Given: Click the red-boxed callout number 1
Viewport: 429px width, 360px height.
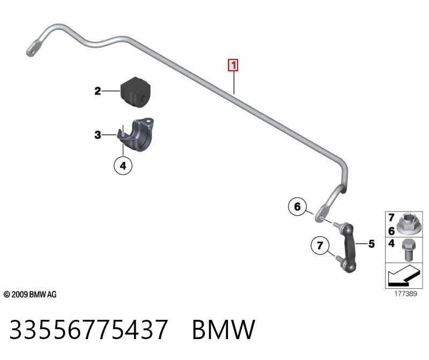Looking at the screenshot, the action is coord(233,65).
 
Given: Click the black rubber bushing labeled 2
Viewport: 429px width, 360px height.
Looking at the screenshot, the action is coord(135,92).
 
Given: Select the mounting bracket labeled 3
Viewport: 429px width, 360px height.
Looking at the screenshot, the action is coord(137,134).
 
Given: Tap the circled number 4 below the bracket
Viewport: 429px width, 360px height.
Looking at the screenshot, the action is coord(123,166).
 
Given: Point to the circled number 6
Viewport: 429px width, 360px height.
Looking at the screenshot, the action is coord(298,207).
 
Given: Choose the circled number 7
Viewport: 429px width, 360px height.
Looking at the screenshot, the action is coord(320,245).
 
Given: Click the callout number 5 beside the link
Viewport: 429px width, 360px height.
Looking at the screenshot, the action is coord(371,244).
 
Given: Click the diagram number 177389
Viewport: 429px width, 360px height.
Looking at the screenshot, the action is coord(405,294).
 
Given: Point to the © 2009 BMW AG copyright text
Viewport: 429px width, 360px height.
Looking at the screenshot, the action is coord(30,295).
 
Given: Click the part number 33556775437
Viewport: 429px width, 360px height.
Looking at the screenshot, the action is coord(88,329).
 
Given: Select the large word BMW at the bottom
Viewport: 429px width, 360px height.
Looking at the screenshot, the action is coord(224,329).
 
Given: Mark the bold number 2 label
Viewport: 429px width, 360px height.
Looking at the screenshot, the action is coord(98,91).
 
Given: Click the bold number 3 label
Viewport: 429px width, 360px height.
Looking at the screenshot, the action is coord(98,135).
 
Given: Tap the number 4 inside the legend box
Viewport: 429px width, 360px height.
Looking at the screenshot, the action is coord(391,243).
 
